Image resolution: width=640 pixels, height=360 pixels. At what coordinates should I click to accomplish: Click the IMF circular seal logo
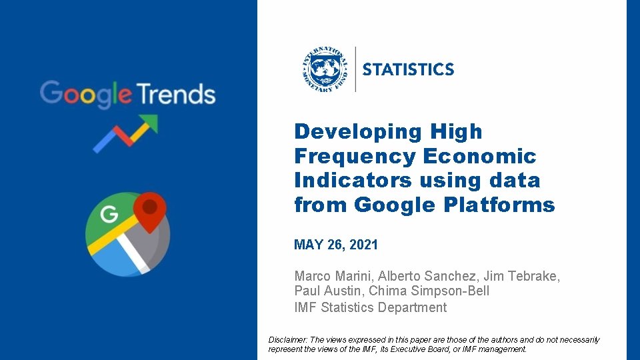[x=325, y=69]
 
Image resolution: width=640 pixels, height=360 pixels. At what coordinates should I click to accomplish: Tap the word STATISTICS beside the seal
[x=408, y=69]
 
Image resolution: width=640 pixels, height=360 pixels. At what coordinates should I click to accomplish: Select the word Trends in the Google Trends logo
[x=176, y=94]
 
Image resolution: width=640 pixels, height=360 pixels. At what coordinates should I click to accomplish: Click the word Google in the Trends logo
[x=85, y=94]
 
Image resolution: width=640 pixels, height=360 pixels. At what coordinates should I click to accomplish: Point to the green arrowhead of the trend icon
[x=149, y=123]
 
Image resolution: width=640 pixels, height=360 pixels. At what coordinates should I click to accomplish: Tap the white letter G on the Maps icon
[x=109, y=215]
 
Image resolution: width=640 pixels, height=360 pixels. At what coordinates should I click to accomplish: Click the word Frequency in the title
[x=354, y=156]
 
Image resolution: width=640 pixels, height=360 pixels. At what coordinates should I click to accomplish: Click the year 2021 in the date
[x=363, y=245]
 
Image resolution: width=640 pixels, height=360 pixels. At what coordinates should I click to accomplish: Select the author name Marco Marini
[x=333, y=275]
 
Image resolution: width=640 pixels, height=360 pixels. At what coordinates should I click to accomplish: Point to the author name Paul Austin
[x=327, y=291]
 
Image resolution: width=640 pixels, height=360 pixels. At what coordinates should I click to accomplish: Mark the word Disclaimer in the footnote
[x=288, y=340]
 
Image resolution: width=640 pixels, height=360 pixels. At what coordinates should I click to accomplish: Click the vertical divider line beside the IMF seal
[x=355, y=69]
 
